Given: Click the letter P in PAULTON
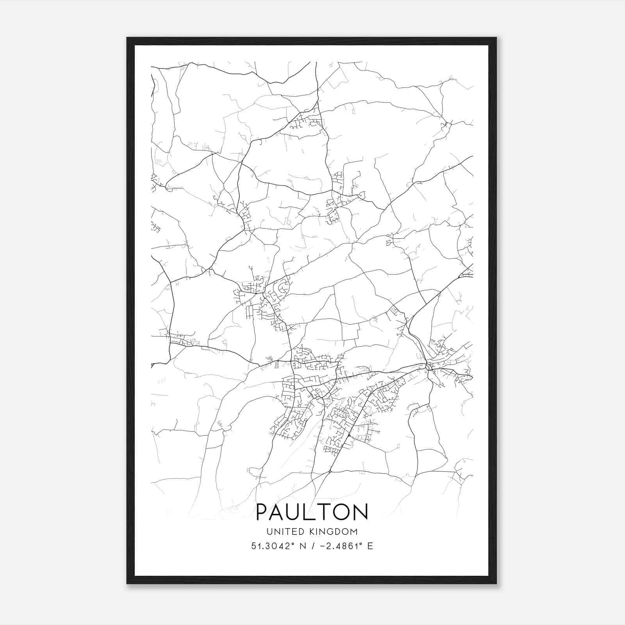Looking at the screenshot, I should tap(263, 512).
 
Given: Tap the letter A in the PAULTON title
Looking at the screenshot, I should tap(279, 512).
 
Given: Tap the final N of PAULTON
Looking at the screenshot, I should tap(361, 512).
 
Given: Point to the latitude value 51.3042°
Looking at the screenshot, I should tap(272, 546).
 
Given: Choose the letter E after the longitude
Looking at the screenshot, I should tap(370, 546).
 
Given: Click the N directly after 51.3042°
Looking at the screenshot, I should tap(302, 546).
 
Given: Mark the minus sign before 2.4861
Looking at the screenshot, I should tap(323, 546).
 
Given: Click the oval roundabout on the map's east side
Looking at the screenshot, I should tap(429, 367).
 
